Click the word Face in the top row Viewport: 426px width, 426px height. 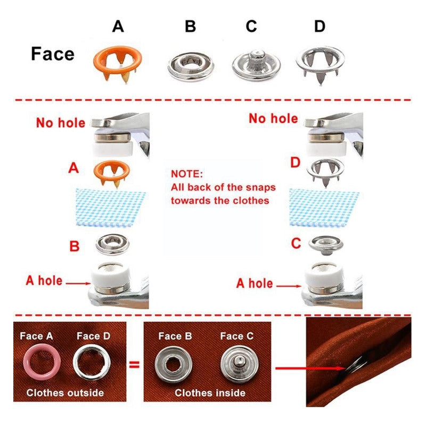tap(53, 54)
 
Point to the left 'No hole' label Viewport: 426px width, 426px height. tap(60, 123)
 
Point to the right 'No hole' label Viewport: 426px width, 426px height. tap(273, 118)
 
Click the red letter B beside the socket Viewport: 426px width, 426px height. tap(75, 247)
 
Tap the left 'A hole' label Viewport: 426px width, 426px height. tap(44, 281)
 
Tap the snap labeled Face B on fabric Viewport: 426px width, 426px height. tap(171, 366)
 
